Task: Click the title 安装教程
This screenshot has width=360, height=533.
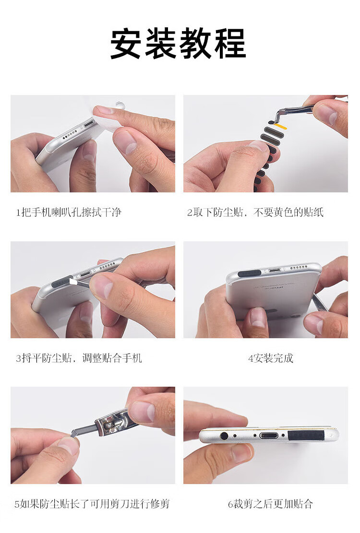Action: click(x=178, y=44)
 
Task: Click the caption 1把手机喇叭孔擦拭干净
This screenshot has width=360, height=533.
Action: click(x=69, y=213)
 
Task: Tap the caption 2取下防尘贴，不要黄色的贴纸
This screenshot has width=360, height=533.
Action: click(x=255, y=213)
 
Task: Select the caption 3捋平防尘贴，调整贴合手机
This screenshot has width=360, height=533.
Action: click(x=79, y=358)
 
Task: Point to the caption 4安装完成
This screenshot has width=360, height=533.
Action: click(x=271, y=358)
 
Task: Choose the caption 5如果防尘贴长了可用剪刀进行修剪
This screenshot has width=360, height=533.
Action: click(x=92, y=503)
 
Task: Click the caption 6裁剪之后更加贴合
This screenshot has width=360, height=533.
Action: click(x=270, y=503)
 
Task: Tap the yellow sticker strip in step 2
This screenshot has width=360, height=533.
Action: click(x=281, y=127)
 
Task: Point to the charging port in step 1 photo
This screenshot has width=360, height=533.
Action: click(x=89, y=123)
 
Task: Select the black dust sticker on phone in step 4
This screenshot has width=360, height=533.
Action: click(x=250, y=273)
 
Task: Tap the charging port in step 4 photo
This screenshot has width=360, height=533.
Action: click(x=275, y=271)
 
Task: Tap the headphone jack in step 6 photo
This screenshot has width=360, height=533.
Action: click(x=224, y=436)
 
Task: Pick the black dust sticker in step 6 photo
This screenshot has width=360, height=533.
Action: click(x=305, y=436)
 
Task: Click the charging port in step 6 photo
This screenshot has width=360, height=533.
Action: click(x=268, y=436)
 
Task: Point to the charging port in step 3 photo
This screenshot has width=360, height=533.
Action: click(x=85, y=273)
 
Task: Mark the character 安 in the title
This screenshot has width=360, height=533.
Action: click(x=125, y=44)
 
